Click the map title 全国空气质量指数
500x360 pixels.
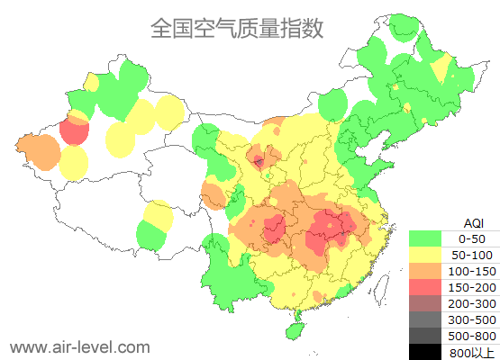click(x=237, y=28)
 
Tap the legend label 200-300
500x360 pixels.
click(x=473, y=303)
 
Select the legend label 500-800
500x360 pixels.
click(x=473, y=336)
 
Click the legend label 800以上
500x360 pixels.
click(x=473, y=352)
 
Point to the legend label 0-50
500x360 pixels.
click(x=473, y=239)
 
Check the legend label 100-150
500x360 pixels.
click(x=473, y=271)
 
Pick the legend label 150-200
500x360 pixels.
click(x=473, y=287)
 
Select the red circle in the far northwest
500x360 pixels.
click(x=74, y=130)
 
